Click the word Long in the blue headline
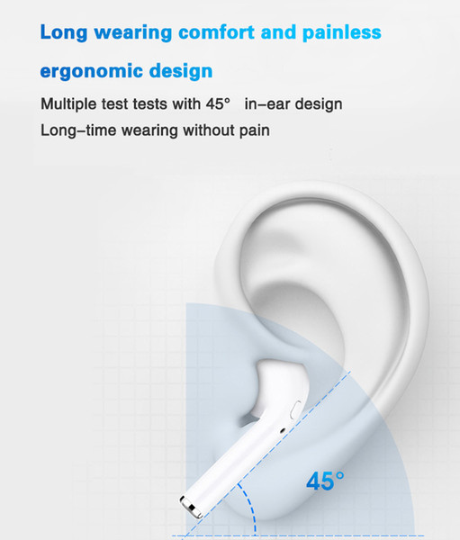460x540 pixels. (x=64, y=33)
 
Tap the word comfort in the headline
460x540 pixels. (x=216, y=32)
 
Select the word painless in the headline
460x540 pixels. (x=342, y=33)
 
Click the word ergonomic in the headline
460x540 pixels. (x=92, y=72)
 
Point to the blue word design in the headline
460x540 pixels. (x=181, y=71)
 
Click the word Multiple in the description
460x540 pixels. (x=68, y=104)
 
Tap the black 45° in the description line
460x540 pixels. (x=218, y=103)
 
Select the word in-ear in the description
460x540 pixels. (x=267, y=104)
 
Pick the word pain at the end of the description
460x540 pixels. (x=255, y=131)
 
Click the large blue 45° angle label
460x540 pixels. (x=325, y=481)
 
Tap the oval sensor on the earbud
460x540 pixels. (x=295, y=409)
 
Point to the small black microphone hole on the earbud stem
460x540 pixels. (x=283, y=430)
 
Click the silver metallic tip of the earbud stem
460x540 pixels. (x=191, y=507)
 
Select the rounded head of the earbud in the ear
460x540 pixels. (x=281, y=386)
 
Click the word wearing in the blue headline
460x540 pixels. (x=133, y=33)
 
